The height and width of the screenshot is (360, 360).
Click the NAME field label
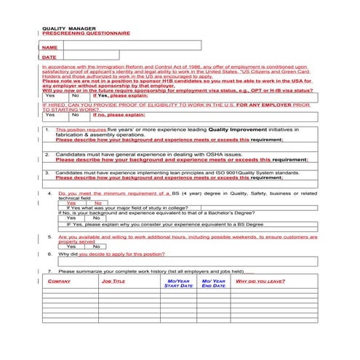click(x=49, y=47)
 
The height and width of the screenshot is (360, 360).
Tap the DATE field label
click(x=49, y=57)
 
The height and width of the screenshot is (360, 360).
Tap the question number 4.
click(x=49, y=193)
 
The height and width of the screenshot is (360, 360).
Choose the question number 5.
click(x=49, y=237)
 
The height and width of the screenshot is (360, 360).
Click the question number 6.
click(x=49, y=255)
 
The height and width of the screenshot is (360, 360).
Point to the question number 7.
click(x=49, y=271)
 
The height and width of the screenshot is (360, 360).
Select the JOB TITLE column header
click(x=113, y=281)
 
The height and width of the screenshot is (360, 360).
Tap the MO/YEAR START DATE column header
click(x=178, y=283)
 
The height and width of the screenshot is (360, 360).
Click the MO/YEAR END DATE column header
click(x=214, y=283)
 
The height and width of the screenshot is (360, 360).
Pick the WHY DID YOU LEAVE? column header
click(x=260, y=281)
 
